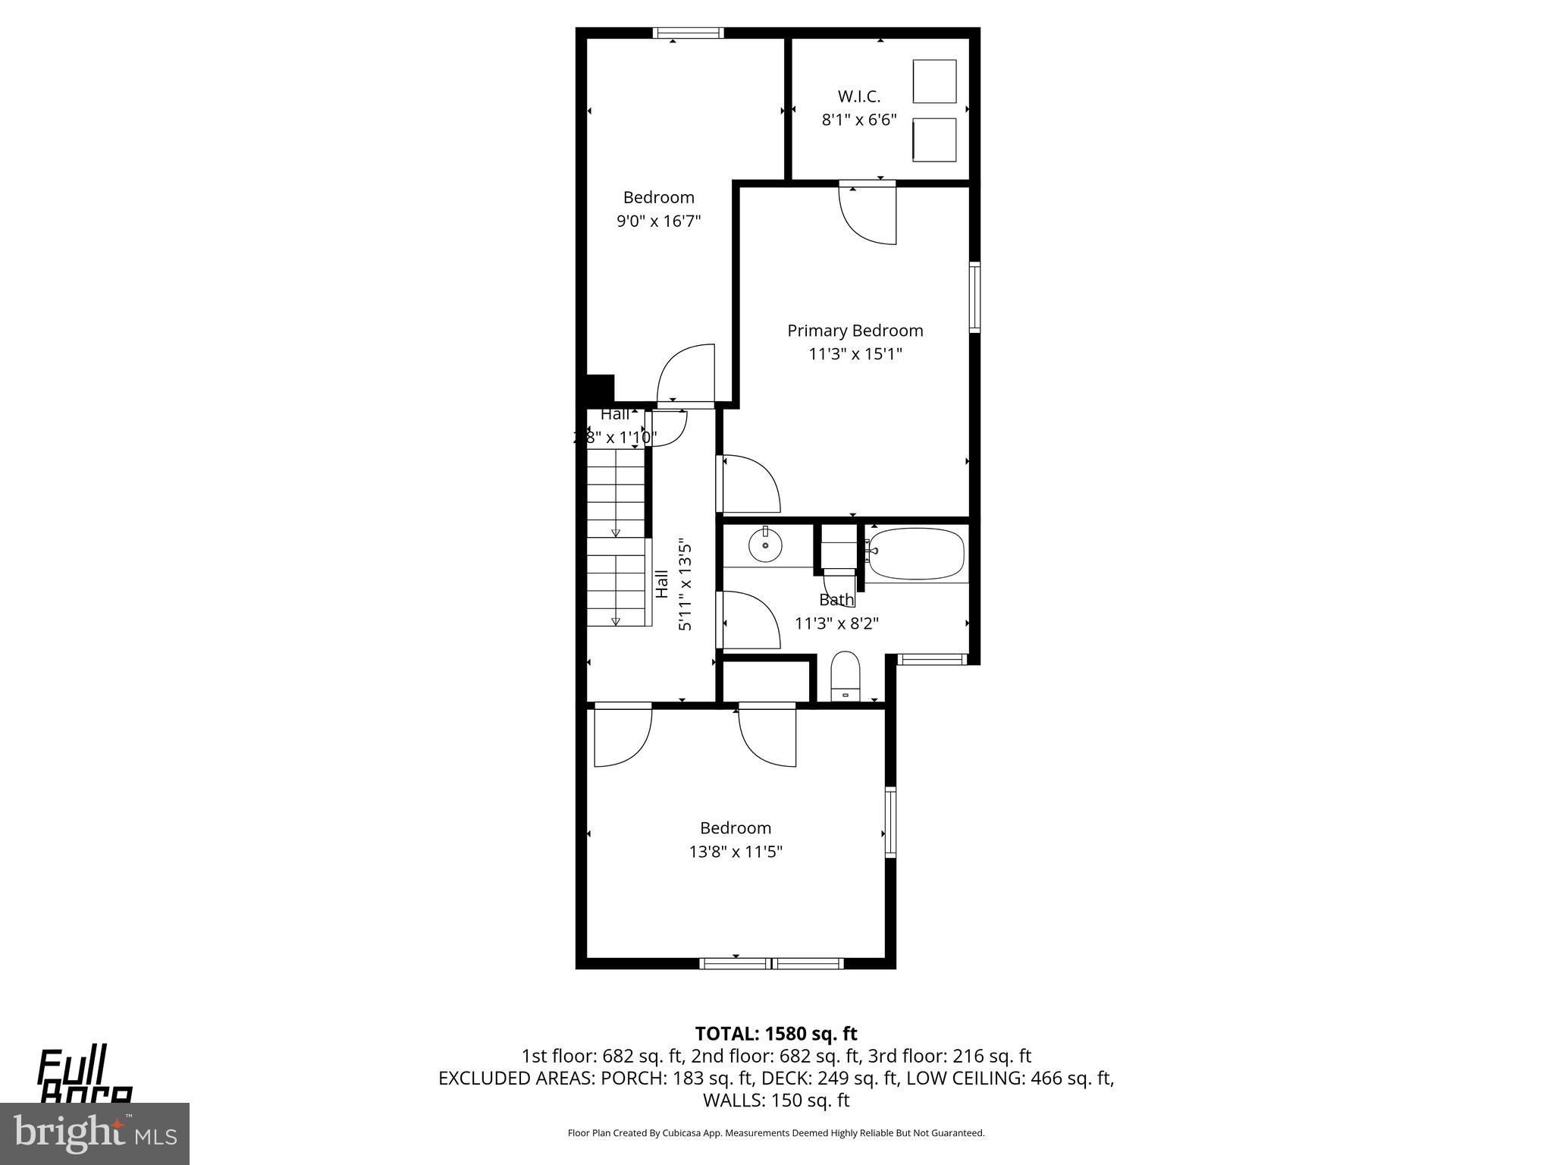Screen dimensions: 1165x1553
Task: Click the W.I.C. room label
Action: point(858,96)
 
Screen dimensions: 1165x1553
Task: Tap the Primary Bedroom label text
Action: point(855,331)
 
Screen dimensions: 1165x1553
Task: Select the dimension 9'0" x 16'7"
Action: point(658,221)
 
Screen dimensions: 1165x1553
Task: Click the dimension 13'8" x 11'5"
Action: point(735,852)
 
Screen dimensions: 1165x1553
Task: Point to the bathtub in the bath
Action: point(916,554)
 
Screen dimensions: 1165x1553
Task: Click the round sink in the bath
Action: point(765,545)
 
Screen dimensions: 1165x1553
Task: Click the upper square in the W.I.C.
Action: point(934,81)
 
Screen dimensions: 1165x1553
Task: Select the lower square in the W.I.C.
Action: point(934,140)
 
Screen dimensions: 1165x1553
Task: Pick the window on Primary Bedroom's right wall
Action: point(974,297)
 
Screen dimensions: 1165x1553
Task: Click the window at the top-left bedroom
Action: point(688,33)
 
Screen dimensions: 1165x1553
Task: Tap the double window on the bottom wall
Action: point(771,963)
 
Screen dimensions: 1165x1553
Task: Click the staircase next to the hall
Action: point(616,539)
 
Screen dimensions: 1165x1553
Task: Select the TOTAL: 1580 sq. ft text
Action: point(776,1034)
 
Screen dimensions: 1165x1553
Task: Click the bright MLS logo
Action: point(94,1133)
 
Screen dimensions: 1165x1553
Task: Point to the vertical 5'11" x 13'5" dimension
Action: point(685,585)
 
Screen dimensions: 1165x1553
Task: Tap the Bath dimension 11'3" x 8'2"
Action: point(836,623)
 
